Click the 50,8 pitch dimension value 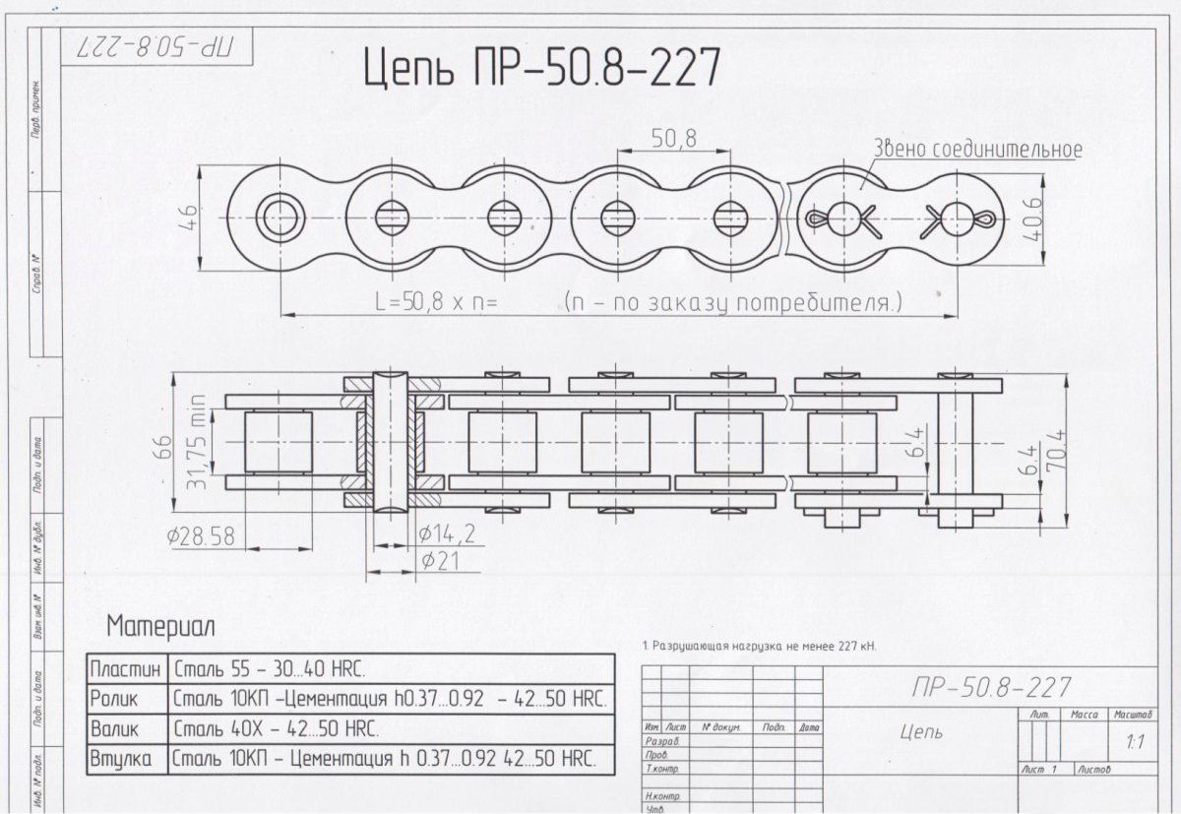tap(673, 140)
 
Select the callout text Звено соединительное tap(978, 150)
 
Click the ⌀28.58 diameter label tap(202, 536)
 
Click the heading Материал tap(160, 626)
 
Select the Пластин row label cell tap(126, 669)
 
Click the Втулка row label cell tap(121, 759)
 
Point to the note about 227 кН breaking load tap(758, 647)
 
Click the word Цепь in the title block tap(921, 731)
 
